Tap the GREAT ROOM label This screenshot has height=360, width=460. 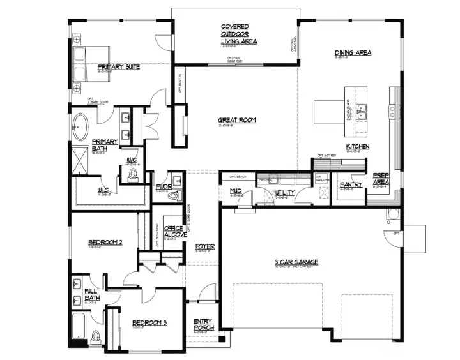click(236, 119)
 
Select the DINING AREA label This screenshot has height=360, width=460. click(353, 52)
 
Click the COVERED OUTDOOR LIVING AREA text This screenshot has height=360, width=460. click(238, 34)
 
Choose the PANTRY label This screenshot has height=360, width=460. click(351, 184)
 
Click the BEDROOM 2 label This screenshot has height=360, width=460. click(105, 242)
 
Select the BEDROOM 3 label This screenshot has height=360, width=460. click(149, 323)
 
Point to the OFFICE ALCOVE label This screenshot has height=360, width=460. click(174, 232)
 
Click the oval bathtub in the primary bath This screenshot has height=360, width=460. click(80, 126)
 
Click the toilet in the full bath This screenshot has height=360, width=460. click(96, 336)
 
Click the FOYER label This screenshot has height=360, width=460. click(204, 246)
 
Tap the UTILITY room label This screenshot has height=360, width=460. click(284, 192)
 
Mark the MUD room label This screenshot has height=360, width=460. click(234, 190)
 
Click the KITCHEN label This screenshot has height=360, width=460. click(357, 147)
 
